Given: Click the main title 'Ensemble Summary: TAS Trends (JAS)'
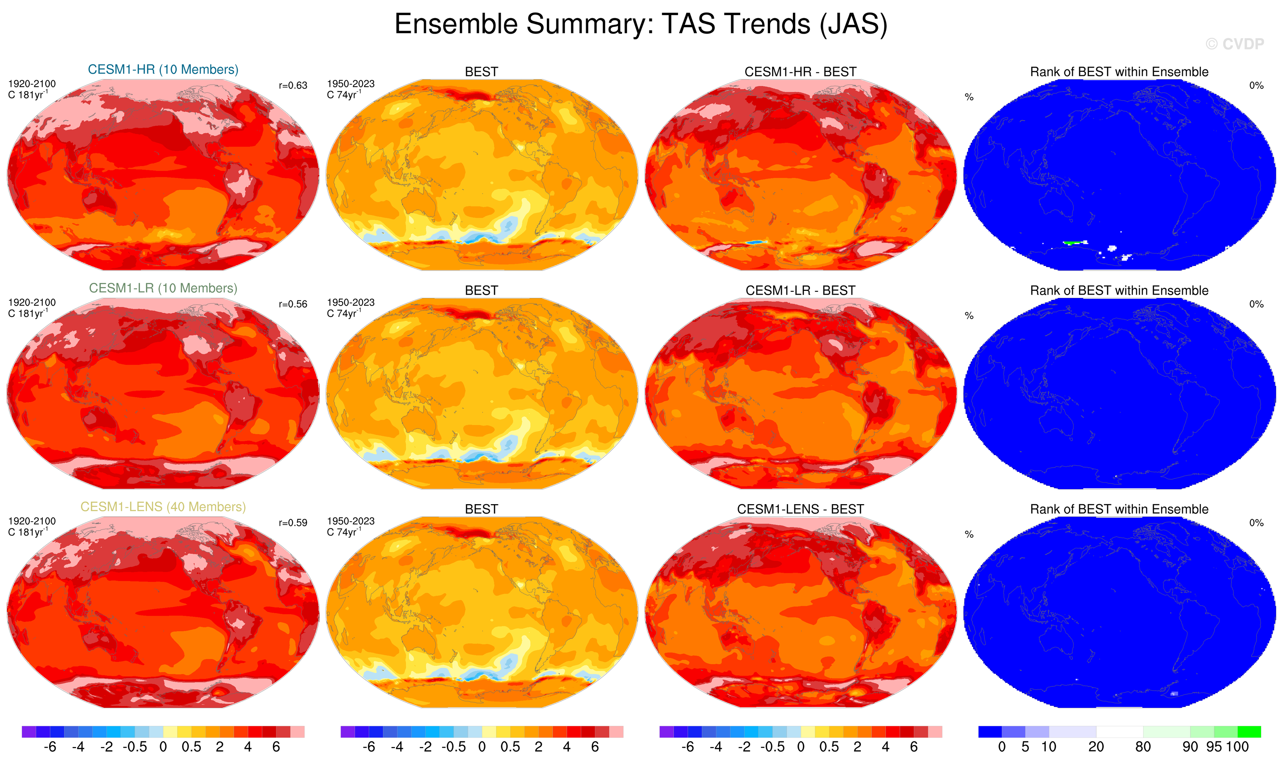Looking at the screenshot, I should (x=641, y=24).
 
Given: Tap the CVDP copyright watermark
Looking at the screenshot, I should (x=1234, y=44).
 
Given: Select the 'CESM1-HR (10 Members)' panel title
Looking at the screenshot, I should (x=163, y=70).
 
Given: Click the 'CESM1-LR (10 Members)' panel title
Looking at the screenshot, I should (x=163, y=288).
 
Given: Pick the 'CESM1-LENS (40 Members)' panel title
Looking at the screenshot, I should (x=163, y=507).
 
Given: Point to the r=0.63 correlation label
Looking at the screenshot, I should (x=293, y=85).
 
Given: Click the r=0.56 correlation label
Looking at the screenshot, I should (x=293, y=304).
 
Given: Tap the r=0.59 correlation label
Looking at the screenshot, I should (x=293, y=523).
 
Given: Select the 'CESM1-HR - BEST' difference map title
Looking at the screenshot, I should (x=800, y=72).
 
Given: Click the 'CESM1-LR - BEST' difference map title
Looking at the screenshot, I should (x=800, y=291).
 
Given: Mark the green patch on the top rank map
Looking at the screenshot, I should (x=1072, y=242).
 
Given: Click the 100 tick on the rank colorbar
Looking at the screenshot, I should (x=1237, y=747).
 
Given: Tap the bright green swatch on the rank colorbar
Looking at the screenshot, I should (x=1249, y=731).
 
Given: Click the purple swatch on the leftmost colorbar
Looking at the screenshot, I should (x=29, y=731).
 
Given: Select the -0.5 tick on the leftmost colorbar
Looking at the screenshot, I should (x=135, y=747).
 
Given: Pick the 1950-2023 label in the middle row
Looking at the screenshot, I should (x=350, y=303).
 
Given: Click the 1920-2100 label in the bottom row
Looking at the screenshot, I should (x=32, y=521).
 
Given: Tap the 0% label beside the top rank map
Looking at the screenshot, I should (x=1256, y=85).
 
